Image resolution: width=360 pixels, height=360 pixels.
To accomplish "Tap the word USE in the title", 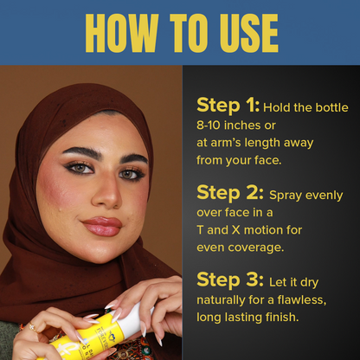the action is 249,33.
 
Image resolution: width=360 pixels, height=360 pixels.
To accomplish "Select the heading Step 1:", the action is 228,105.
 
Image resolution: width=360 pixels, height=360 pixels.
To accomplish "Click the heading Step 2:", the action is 230,193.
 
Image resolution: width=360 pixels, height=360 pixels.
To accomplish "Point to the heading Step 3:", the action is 230,280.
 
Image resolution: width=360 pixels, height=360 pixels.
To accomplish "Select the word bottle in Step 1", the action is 331,107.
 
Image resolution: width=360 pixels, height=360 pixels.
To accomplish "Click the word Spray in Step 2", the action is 286,196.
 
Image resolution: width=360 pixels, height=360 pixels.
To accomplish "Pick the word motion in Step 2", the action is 261,230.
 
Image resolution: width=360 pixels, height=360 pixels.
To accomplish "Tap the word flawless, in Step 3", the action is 302,300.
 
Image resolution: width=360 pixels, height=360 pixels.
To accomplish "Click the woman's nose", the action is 107,193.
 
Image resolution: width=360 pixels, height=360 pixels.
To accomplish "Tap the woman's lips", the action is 102,227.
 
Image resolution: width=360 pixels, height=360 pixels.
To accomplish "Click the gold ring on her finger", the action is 32,326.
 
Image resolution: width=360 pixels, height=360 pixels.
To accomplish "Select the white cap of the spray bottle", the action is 133,318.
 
